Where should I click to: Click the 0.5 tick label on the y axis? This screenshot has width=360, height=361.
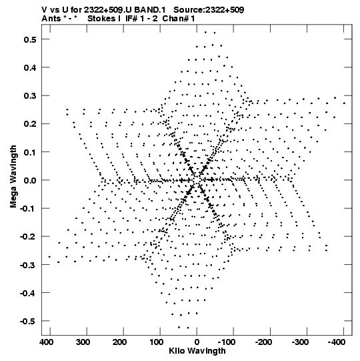point(30,39)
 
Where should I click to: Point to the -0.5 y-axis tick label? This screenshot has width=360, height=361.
point(28,322)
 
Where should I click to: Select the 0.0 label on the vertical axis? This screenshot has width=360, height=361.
point(30,180)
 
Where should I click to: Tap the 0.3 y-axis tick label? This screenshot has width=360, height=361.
point(30,96)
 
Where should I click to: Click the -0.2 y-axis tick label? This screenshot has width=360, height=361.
point(28,237)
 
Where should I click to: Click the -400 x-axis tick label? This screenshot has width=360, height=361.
point(337,342)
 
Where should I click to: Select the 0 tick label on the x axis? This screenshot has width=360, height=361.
point(197,342)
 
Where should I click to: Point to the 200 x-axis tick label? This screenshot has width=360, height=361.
point(119,342)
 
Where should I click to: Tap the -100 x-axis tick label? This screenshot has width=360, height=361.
point(227,342)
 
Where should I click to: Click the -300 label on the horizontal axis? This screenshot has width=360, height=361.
point(300,342)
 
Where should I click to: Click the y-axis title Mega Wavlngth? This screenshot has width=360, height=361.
point(13,177)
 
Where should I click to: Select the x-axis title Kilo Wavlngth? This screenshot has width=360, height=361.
point(197,351)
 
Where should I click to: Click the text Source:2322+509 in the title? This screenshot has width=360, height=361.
point(209,10)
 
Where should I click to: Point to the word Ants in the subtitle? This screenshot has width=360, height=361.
point(51,19)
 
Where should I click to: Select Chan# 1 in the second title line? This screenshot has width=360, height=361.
point(179,19)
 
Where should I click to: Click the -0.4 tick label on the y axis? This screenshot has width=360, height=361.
point(28,294)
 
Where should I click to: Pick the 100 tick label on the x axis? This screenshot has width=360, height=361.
point(157,342)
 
